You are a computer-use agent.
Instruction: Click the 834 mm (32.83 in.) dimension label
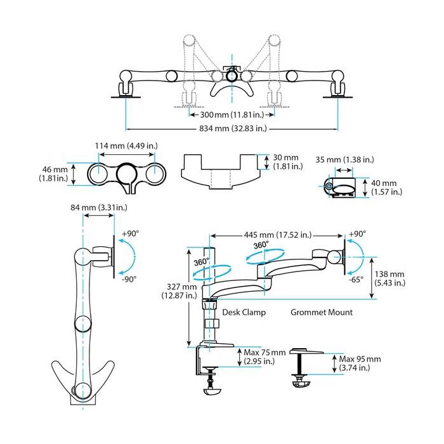tap(232, 129)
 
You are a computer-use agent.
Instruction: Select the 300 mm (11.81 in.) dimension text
tap(232, 115)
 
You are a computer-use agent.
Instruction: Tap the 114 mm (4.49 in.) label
tap(126, 145)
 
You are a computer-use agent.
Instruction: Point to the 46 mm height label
tap(54, 173)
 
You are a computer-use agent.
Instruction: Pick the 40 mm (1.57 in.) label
tap(385, 187)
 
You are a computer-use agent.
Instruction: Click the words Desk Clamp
tap(244, 313)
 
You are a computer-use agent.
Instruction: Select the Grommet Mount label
tap(322, 313)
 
